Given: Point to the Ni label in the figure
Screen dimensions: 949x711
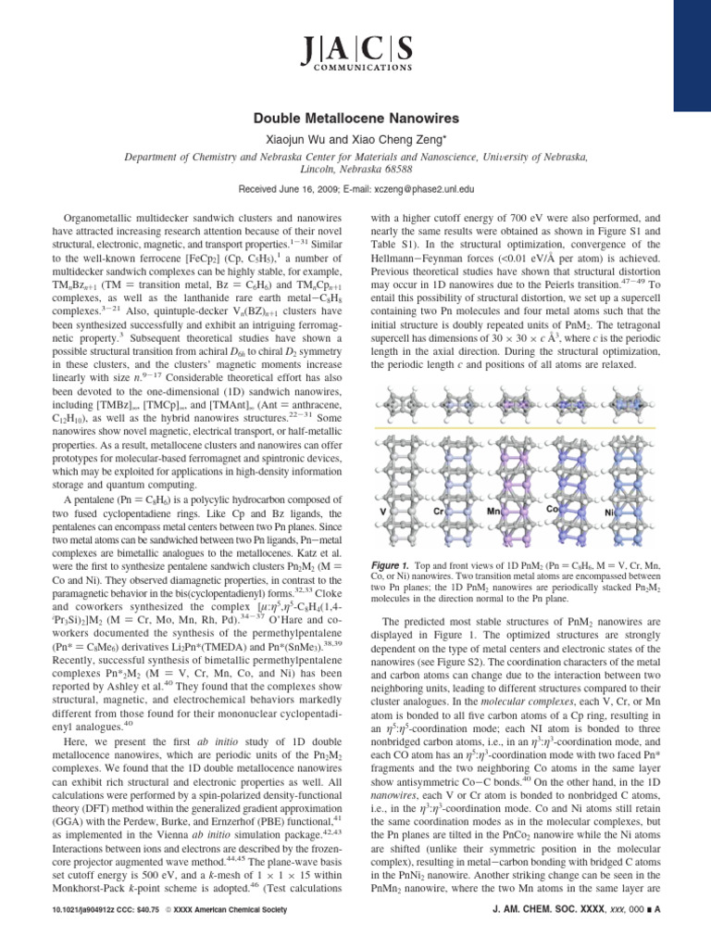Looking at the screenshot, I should click(609, 512).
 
